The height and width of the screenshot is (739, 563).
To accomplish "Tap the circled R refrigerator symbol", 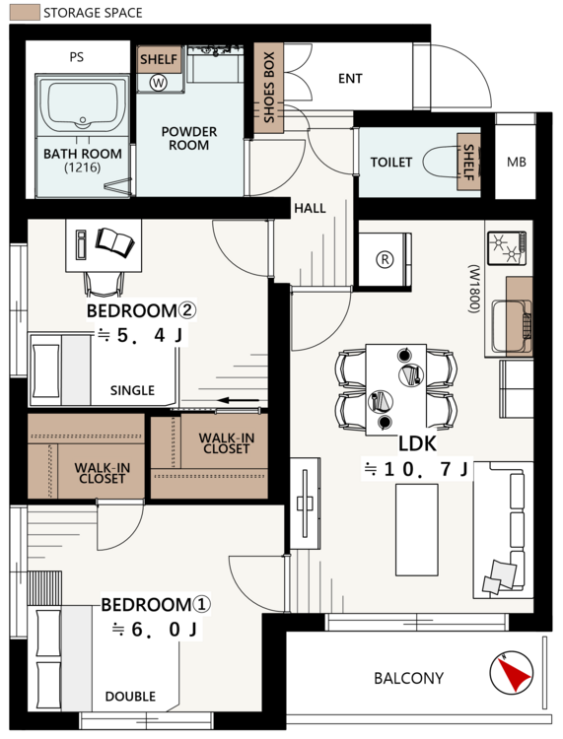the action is click(385, 259).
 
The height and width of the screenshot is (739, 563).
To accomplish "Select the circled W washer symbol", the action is click(159, 83).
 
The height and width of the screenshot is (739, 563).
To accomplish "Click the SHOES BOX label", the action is click(269, 88).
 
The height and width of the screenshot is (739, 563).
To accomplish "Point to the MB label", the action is click(517, 163).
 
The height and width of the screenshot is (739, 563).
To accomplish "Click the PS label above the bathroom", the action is click(76, 57).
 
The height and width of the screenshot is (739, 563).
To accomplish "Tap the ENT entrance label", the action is click(350, 78).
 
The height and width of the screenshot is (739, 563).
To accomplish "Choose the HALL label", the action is click(310, 208).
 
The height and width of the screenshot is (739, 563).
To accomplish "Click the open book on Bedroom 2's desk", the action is click(114, 241).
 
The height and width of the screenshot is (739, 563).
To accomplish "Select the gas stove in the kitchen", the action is click(507, 248).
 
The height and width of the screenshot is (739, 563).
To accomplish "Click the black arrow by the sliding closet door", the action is click(239, 401).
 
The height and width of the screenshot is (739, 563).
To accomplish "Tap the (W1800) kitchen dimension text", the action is click(474, 289).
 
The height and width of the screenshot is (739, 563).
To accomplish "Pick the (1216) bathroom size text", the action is click(83, 168).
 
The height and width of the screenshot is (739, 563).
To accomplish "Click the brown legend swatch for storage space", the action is click(25, 13).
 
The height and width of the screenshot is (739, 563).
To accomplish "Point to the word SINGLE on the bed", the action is click(132, 390).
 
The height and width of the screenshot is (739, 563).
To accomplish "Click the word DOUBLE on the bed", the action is click(130, 696).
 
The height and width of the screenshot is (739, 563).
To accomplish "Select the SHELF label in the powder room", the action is click(159, 59).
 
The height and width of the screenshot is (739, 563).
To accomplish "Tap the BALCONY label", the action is click(408, 678).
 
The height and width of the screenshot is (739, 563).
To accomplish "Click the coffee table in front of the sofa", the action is click(416, 530).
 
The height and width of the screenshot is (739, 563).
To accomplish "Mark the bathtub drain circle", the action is click(83, 120).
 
